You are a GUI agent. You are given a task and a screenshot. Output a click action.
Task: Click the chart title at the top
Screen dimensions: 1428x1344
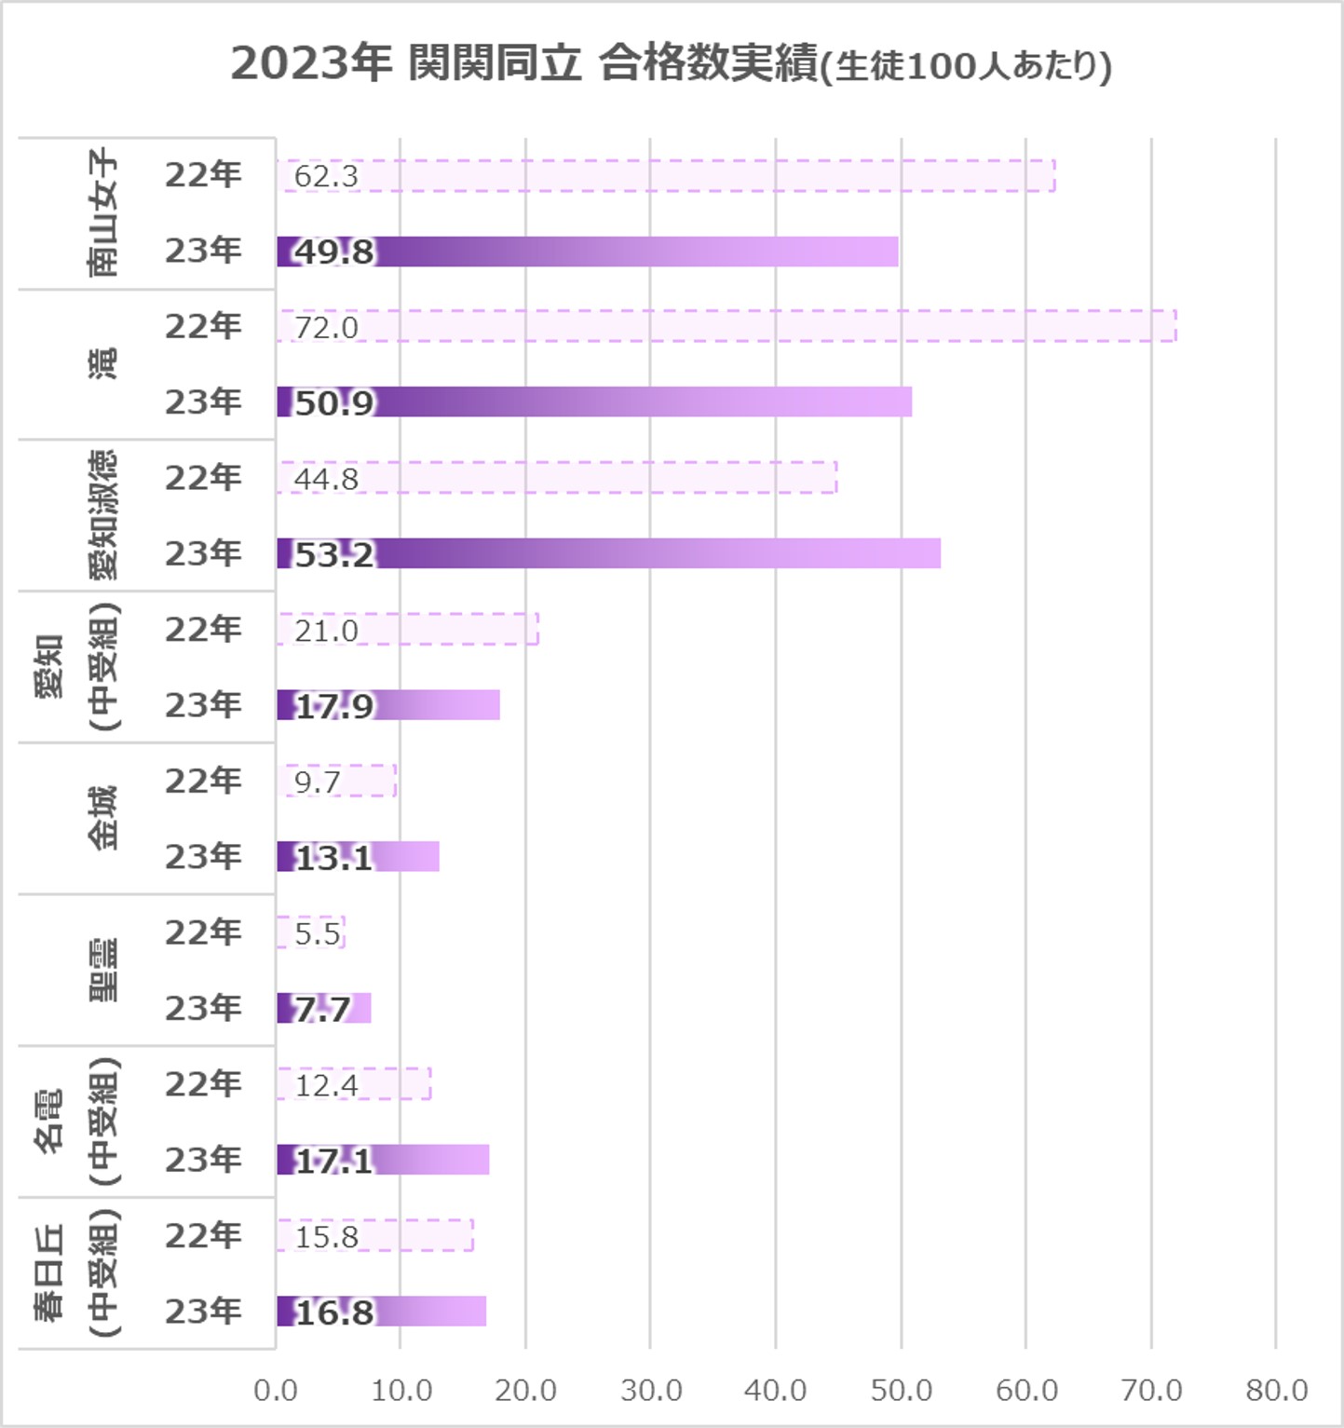click(x=671, y=65)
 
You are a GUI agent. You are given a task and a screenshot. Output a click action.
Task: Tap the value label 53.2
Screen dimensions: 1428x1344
click(x=333, y=554)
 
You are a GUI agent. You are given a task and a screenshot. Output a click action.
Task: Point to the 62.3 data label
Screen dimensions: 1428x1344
click(x=326, y=176)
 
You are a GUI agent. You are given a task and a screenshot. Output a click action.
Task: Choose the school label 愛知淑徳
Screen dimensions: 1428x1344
click(x=103, y=515)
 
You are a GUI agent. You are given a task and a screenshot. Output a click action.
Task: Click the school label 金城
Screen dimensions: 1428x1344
click(x=103, y=818)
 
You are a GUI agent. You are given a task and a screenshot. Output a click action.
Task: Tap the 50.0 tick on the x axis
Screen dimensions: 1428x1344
click(x=901, y=1390)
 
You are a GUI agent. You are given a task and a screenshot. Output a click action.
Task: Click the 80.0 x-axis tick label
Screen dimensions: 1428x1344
click(x=1276, y=1390)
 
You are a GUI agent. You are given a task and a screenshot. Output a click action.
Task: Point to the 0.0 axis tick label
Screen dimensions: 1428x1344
click(x=276, y=1390)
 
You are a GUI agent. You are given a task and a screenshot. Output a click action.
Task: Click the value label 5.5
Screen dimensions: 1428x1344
click(x=317, y=933)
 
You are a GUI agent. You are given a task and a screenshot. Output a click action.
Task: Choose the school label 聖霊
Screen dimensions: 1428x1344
click(x=103, y=970)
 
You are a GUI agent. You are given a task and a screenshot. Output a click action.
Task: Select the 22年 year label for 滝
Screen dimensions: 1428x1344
click(x=203, y=326)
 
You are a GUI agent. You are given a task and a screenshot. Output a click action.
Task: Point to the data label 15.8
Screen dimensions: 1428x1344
click(x=326, y=1237)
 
